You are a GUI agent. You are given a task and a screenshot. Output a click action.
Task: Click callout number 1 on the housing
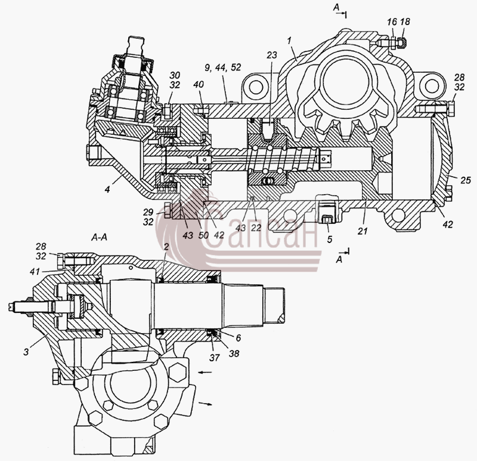pos(290,40)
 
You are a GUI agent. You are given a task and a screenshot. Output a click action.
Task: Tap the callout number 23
pos(272,55)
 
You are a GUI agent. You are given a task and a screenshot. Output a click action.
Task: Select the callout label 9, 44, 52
pos(222,67)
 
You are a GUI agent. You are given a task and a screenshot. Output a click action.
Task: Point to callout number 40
pos(199,84)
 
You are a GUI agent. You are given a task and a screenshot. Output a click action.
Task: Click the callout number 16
pos(392,22)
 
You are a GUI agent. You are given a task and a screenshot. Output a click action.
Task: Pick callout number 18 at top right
pos(405,22)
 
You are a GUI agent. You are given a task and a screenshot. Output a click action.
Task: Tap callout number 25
pos(466,180)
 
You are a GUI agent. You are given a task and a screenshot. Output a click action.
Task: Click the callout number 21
pos(363,231)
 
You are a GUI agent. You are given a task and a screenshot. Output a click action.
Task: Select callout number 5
pos(330,239)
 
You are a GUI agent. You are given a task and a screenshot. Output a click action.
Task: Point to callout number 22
pos(256,228)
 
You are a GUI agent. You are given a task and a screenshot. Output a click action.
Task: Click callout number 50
pos(203,235)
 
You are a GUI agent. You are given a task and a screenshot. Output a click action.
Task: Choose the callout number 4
pos(107,189)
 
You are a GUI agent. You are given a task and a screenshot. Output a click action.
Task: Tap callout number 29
pos(148,213)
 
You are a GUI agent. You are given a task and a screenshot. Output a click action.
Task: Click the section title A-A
pos(99,237)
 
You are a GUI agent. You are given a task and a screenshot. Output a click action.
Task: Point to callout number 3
pos(26,352)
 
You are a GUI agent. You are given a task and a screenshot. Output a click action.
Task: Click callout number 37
pos(215,358)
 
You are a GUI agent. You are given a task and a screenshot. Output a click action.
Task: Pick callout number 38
pos(234,353)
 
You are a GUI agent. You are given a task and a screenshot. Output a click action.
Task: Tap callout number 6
pos(238,338)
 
